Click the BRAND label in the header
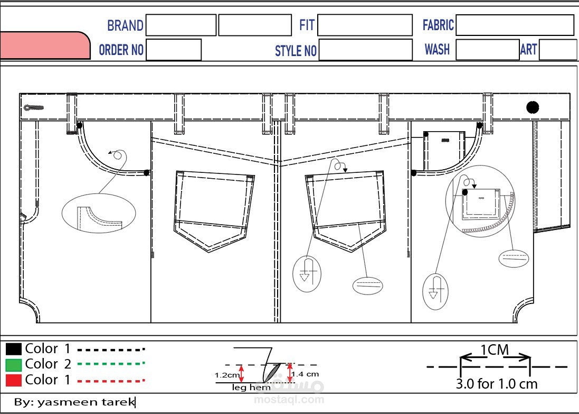click(x=125, y=25)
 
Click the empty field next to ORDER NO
click(x=174, y=50)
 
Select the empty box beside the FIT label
click(x=365, y=25)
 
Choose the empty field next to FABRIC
click(x=515, y=25)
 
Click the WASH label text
click(x=437, y=49)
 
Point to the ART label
click(x=528, y=49)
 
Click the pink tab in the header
click(x=45, y=45)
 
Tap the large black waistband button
click(x=533, y=107)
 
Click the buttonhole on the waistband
click(x=34, y=108)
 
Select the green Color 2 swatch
click(x=14, y=365)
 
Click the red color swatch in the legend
click(x=14, y=380)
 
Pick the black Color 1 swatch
click(x=14, y=349)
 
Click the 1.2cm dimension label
click(x=227, y=375)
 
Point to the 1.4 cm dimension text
click(x=305, y=374)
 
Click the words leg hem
click(x=251, y=388)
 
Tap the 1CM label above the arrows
click(x=495, y=349)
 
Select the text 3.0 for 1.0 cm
click(x=497, y=384)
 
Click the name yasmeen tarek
click(x=87, y=402)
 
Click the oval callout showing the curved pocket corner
click(x=99, y=213)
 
